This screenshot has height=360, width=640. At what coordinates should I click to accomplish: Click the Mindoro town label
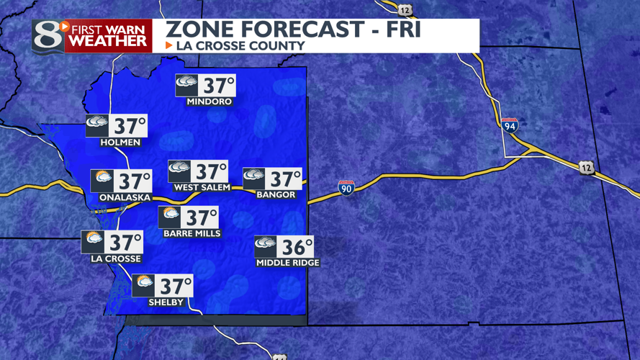(209, 102)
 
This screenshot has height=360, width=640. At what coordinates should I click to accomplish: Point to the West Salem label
(202, 187)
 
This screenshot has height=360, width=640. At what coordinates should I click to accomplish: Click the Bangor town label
(276, 194)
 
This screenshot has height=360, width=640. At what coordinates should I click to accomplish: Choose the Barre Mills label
(191, 233)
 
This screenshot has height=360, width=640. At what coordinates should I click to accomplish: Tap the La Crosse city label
(116, 258)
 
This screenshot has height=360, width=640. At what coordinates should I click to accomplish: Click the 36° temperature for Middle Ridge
(296, 248)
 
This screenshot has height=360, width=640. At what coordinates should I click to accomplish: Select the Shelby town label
(166, 302)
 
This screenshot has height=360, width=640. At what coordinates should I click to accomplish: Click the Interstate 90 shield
(346, 188)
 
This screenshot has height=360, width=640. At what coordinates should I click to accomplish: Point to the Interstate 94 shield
(510, 125)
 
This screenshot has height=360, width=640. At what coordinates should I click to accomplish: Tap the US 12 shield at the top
(405, 9)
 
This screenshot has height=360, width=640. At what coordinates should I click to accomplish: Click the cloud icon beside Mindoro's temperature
(186, 85)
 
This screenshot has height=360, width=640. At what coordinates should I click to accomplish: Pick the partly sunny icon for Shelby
(143, 285)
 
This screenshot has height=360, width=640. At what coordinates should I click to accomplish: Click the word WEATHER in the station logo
(108, 42)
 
